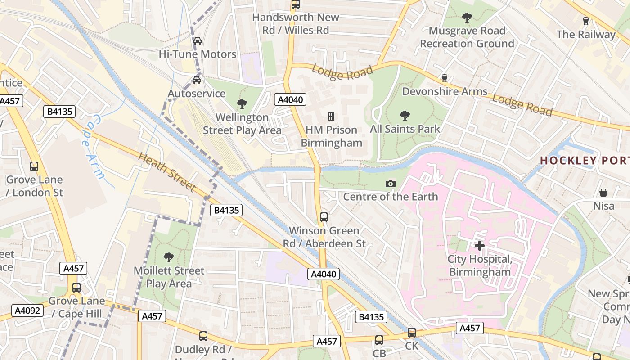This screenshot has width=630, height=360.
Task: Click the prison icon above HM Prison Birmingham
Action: coord(331,117)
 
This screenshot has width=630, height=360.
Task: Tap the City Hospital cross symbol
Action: coord(480,246)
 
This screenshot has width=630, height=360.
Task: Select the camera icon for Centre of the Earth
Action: coord(391,184)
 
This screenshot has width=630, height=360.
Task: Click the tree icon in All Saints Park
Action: coord(405,116)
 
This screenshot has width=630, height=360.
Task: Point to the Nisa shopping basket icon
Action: coord(603,193)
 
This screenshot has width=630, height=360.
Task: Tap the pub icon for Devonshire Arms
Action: coord(445,78)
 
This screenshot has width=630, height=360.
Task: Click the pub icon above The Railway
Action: coord(585,21)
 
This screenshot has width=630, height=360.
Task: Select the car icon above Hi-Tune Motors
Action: coord(197,41)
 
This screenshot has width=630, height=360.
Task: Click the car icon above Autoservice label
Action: coord(197,80)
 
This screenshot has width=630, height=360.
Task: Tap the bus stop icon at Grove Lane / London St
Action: coord(34,166)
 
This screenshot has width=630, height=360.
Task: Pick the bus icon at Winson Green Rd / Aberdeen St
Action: coord(324,217)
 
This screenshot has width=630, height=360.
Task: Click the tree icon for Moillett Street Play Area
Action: coord(169,257)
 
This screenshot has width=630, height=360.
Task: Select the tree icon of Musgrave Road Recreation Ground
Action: coord(467,18)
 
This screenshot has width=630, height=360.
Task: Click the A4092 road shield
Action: coord(27,310)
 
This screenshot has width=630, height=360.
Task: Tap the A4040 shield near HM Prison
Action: coord(291,99)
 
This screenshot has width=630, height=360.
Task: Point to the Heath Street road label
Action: coord(167,172)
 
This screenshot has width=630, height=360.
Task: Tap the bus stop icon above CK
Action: coord(412,333)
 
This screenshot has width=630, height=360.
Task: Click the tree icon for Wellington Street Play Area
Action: coord(242,104)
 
